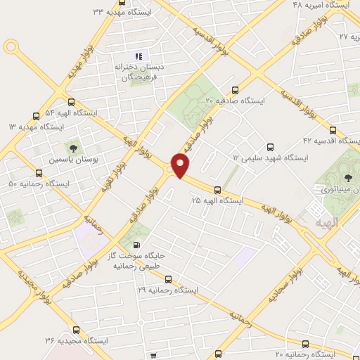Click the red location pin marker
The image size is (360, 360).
click(181, 165)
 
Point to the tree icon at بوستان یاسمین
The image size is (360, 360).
click(72, 148)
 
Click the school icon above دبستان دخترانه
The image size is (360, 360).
click(139, 56)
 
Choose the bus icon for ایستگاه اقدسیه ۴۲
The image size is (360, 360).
click(333, 130)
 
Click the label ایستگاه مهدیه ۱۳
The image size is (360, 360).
click(36, 127)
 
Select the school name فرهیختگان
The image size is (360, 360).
click(139, 79)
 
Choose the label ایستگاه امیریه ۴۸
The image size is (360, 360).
click(321, 5)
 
